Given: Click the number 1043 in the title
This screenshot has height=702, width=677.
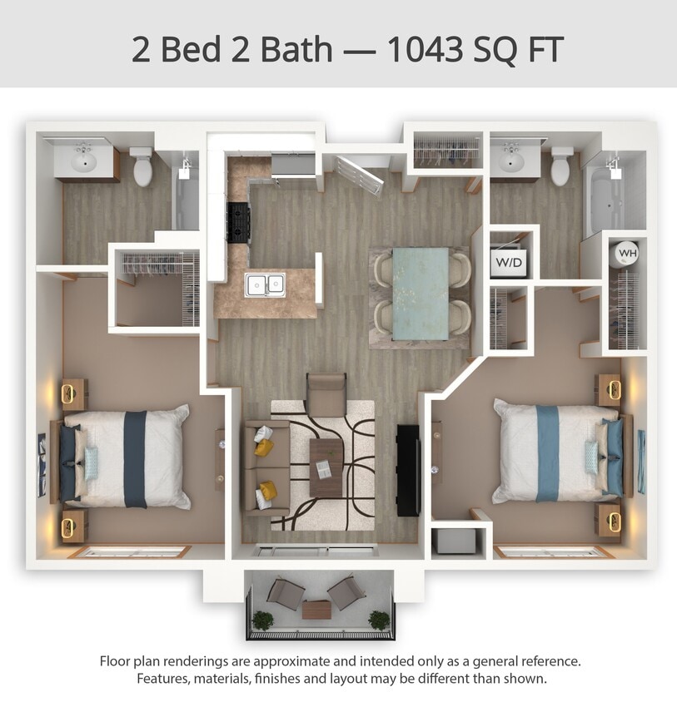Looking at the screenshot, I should coord(425,49).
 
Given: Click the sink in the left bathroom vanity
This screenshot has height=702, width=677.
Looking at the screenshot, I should coord(83,160).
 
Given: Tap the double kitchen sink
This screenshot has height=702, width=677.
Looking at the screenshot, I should coord(265,284).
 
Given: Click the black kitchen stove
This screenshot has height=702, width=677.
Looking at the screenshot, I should coord(238,222).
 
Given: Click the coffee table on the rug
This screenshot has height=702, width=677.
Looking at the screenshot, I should coord(326,468).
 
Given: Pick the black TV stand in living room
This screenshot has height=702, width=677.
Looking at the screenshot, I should coord(408,470).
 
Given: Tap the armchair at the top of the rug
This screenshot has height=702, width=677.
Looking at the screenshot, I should coord(326,394).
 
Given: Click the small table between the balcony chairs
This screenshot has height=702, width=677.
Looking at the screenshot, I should coord(316,610).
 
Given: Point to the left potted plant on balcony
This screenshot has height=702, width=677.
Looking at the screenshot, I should coord(262,620).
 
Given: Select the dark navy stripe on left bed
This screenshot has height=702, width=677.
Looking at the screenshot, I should coord(135,459).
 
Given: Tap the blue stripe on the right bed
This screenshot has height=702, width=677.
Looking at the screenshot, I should coord(547,453).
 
